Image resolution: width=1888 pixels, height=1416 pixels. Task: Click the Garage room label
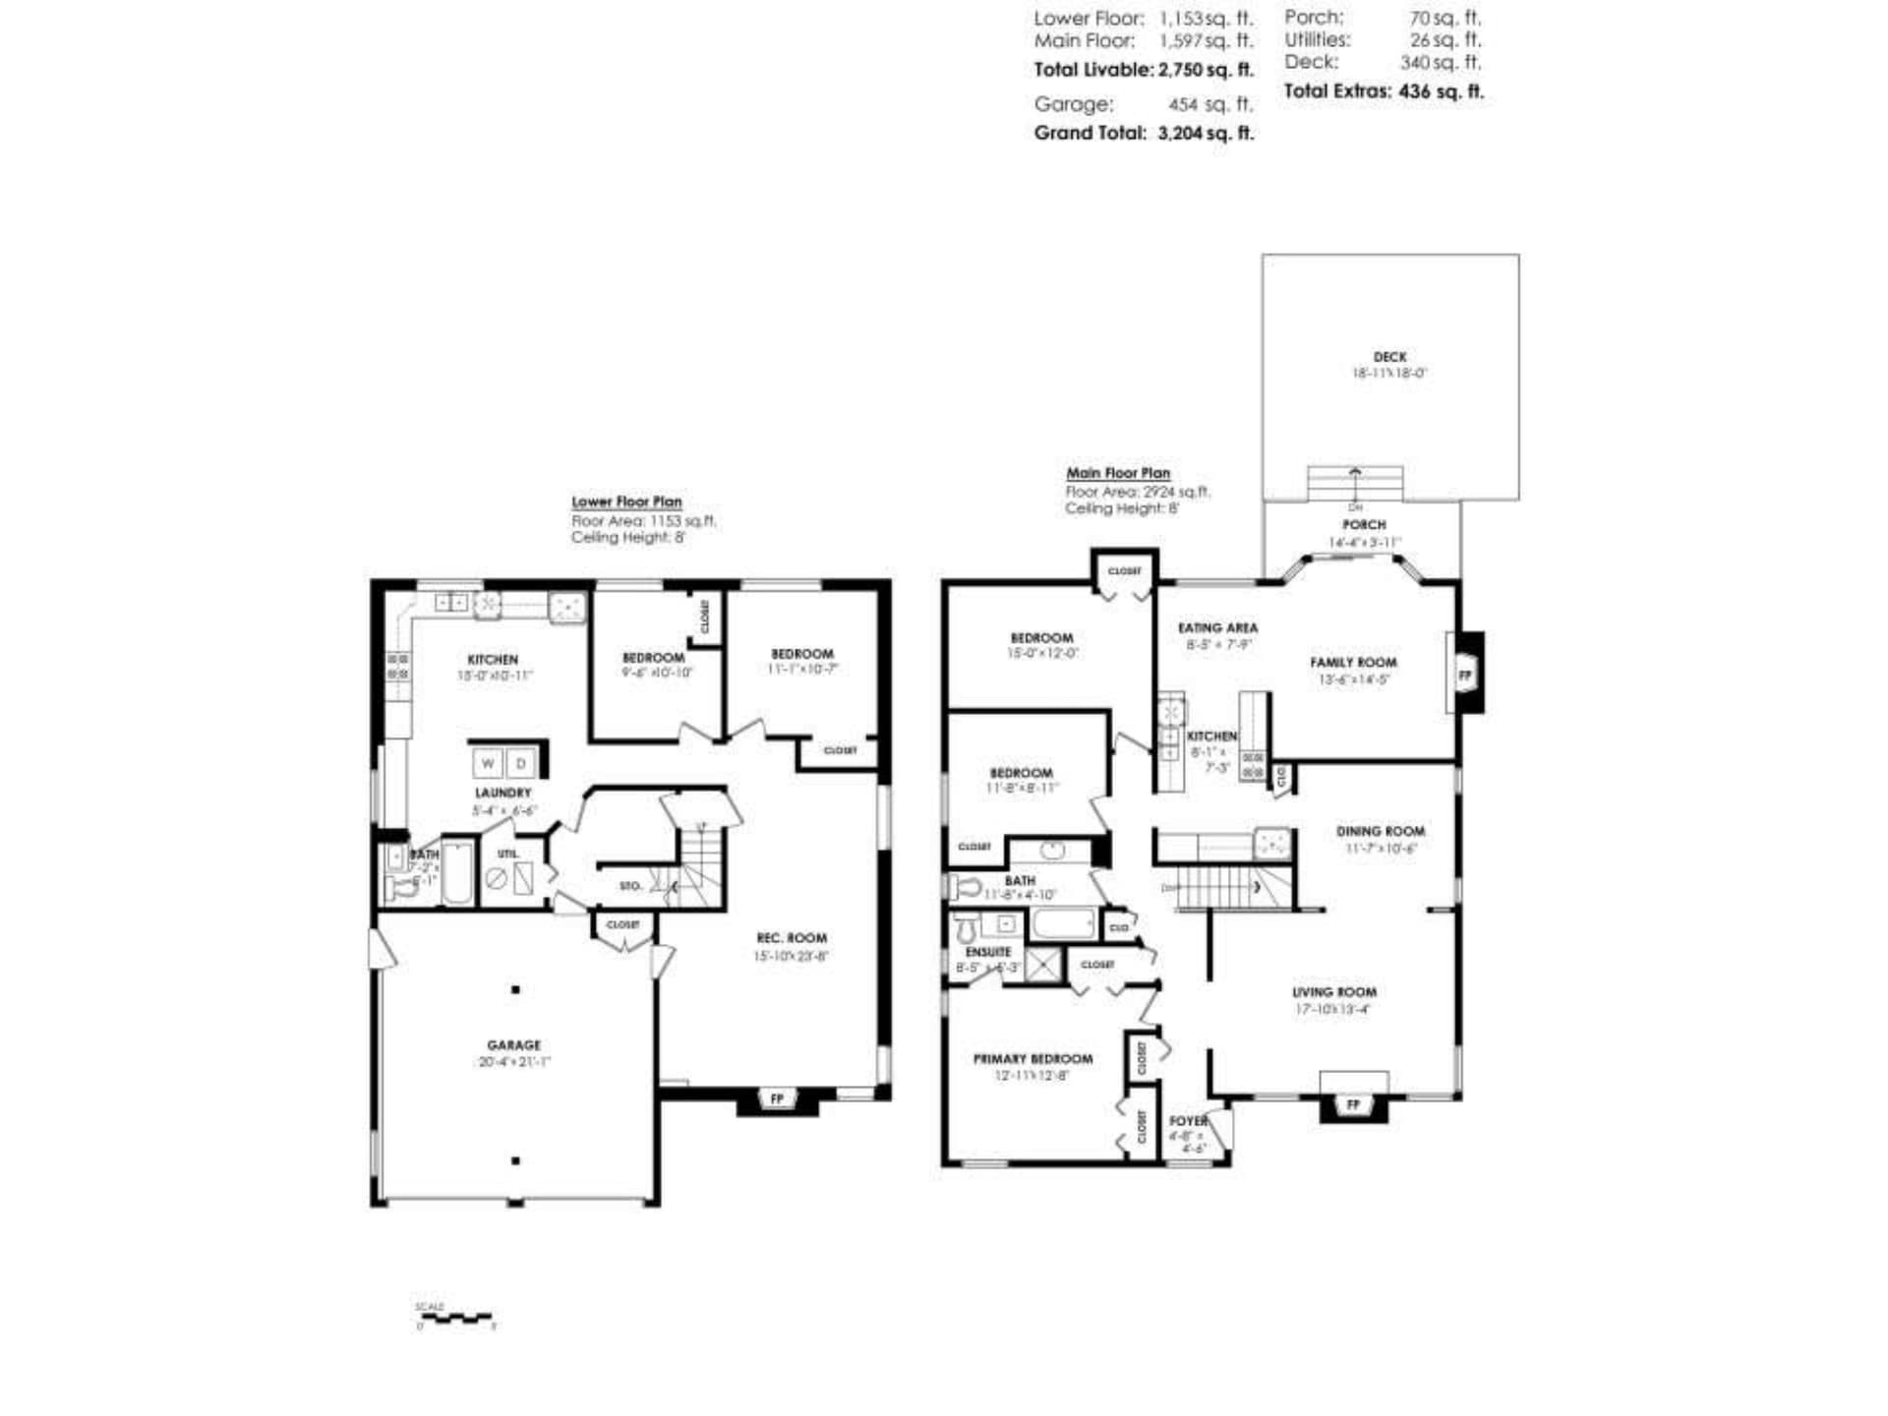(513, 1045)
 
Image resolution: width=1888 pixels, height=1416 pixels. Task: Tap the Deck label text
(1389, 357)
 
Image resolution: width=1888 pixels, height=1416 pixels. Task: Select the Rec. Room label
(791, 938)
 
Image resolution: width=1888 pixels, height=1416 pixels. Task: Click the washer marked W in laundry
(488, 763)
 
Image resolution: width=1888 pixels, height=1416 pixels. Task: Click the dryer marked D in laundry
(521, 763)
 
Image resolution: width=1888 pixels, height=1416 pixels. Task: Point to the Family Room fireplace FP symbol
(1465, 676)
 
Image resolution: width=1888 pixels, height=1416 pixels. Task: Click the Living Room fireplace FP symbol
(1353, 1105)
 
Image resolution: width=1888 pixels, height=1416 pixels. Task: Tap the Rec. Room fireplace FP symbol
(777, 1098)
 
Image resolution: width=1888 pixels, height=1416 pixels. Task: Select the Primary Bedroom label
(1032, 1059)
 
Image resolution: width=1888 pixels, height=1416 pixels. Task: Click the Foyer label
(1188, 1121)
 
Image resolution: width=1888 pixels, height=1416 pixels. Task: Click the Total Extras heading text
(1336, 91)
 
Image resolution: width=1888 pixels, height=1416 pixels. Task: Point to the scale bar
(455, 1318)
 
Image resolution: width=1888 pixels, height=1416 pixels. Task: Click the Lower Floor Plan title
(626, 501)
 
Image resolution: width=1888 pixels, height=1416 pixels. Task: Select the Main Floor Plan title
(1118, 473)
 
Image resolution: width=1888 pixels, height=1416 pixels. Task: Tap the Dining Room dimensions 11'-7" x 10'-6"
(1381, 848)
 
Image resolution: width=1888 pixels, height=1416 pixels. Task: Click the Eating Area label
(1217, 627)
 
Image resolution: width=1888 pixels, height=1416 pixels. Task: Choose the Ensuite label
(987, 952)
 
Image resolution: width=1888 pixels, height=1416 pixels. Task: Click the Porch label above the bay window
(1364, 525)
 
